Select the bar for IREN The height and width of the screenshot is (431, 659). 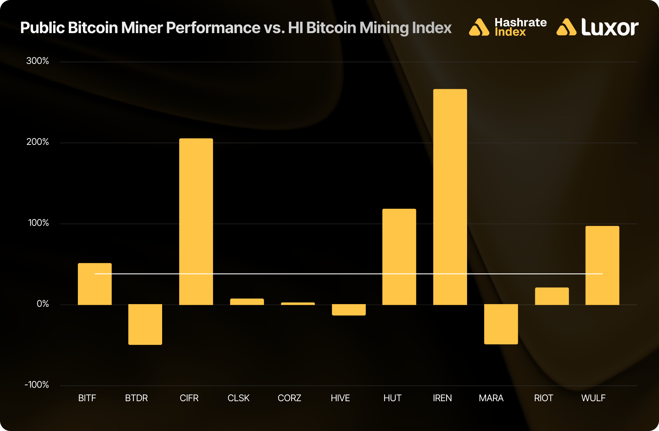pyautogui.click(x=450, y=197)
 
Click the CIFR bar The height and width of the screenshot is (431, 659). pyautogui.click(x=196, y=222)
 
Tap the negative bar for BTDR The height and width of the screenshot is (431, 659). pyautogui.click(x=145, y=324)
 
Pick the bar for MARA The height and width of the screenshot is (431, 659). pyautogui.click(x=501, y=324)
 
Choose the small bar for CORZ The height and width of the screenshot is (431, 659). pyautogui.click(x=298, y=304)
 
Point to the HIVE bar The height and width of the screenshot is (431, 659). pyautogui.click(x=348, y=310)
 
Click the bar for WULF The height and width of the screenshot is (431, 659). pyautogui.click(x=602, y=265)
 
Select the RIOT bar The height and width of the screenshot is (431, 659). pyautogui.click(x=552, y=296)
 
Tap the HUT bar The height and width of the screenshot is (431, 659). pyautogui.click(x=399, y=257)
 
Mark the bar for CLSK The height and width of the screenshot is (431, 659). pyautogui.click(x=247, y=302)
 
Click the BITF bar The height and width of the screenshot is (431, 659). pyautogui.click(x=95, y=284)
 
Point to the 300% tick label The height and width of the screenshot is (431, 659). pyautogui.click(x=38, y=61)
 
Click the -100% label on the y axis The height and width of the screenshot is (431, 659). pyautogui.click(x=37, y=385)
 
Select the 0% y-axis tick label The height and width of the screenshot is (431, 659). pyautogui.click(x=43, y=304)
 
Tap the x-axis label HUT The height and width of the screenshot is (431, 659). pyautogui.click(x=392, y=398)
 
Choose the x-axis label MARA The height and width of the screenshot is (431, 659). pyautogui.click(x=491, y=398)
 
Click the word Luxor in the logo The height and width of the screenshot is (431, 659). pyautogui.click(x=610, y=28)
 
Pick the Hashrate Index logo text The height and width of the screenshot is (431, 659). pyautogui.click(x=520, y=27)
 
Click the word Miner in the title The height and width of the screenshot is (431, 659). pyautogui.click(x=142, y=28)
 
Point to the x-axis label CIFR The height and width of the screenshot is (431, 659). pyautogui.click(x=189, y=398)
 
